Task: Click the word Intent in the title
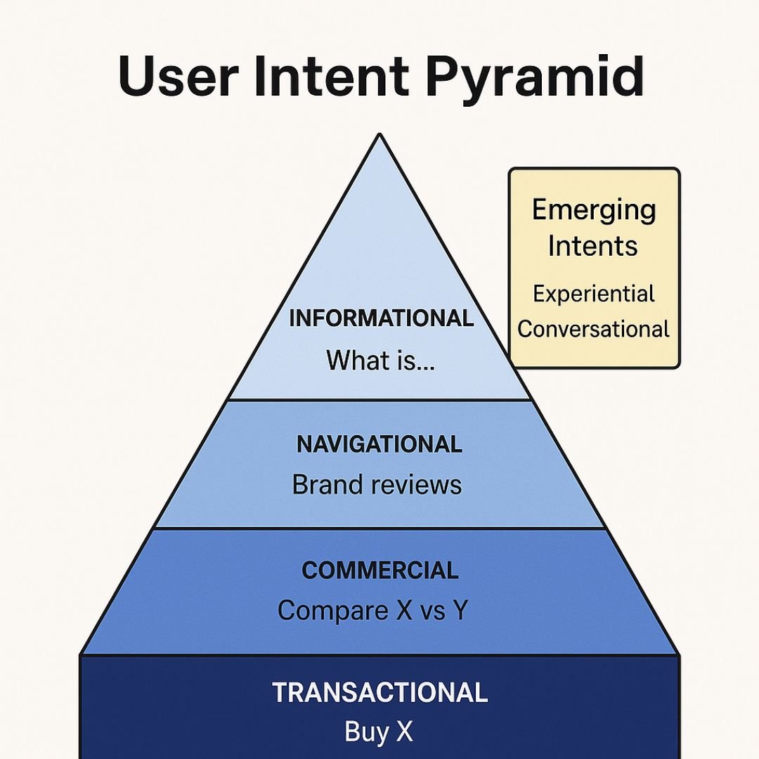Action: pyautogui.click(x=332, y=76)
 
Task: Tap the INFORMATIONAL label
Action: pyautogui.click(x=381, y=318)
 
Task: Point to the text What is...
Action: pyautogui.click(x=380, y=360)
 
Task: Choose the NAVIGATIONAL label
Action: pyautogui.click(x=379, y=444)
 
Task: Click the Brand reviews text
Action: pyautogui.click(x=377, y=484)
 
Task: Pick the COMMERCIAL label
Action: pyautogui.click(x=380, y=570)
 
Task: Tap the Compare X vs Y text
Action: pyautogui.click(x=372, y=610)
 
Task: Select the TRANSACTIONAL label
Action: pyautogui.click(x=380, y=692)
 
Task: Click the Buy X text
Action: pyautogui.click(x=379, y=732)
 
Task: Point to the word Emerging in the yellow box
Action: pyautogui.click(x=594, y=211)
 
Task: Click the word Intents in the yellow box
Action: pyautogui.click(x=592, y=245)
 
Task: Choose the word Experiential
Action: pyautogui.click(x=593, y=294)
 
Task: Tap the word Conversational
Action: pyautogui.click(x=593, y=329)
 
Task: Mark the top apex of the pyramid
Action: pyautogui.click(x=379, y=135)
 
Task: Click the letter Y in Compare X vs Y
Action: pyautogui.click(x=460, y=609)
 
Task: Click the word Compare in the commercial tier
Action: pyautogui.click(x=332, y=611)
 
